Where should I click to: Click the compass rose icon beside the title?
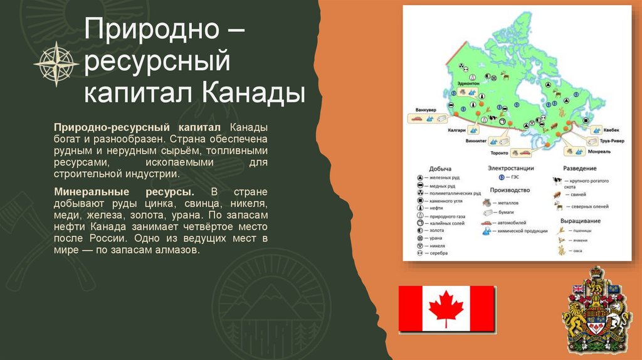point(56,63)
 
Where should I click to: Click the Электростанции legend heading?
point(510,168)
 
